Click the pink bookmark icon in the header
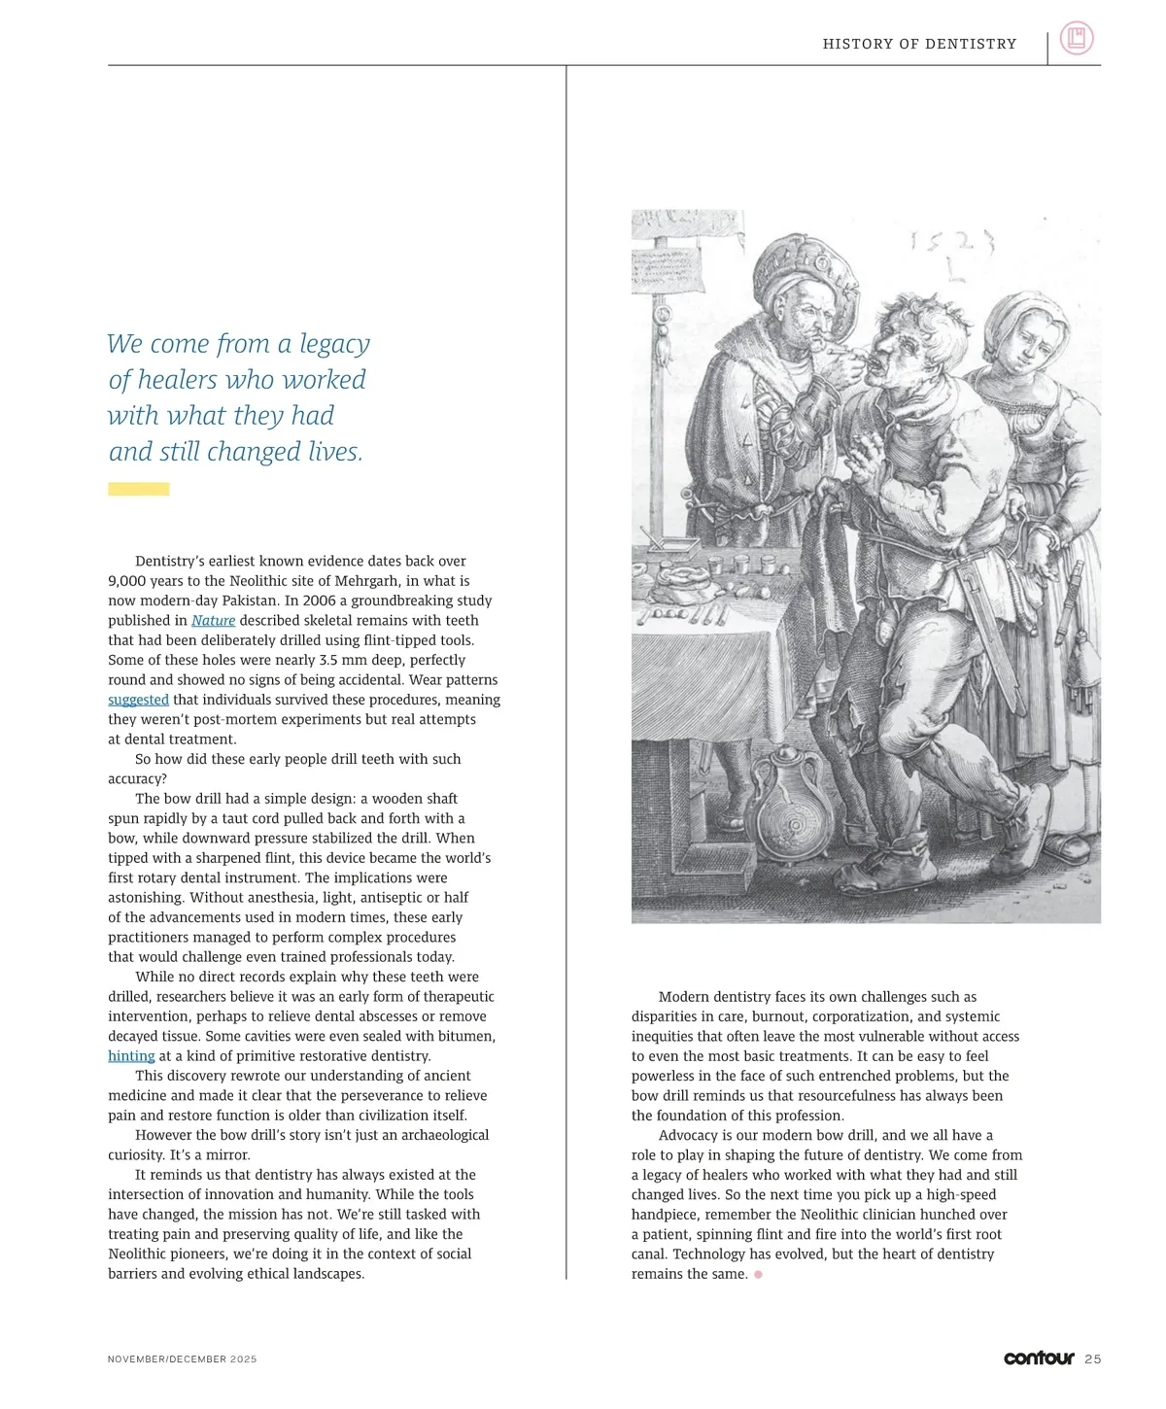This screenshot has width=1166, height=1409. click(x=1076, y=39)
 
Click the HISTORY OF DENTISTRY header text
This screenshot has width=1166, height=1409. click(x=919, y=44)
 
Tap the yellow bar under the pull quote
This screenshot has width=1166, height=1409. click(x=138, y=489)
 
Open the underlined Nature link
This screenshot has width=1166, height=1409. click(x=213, y=621)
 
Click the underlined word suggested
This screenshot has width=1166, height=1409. click(x=138, y=700)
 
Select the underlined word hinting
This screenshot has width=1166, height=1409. click(x=131, y=1056)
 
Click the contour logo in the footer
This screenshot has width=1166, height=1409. click(x=1039, y=1357)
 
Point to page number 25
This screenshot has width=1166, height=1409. click(x=1093, y=1359)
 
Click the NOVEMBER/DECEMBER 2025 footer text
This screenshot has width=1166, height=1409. click(x=182, y=1359)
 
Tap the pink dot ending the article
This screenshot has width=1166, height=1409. click(x=758, y=1274)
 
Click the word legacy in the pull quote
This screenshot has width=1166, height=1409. click(x=334, y=344)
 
